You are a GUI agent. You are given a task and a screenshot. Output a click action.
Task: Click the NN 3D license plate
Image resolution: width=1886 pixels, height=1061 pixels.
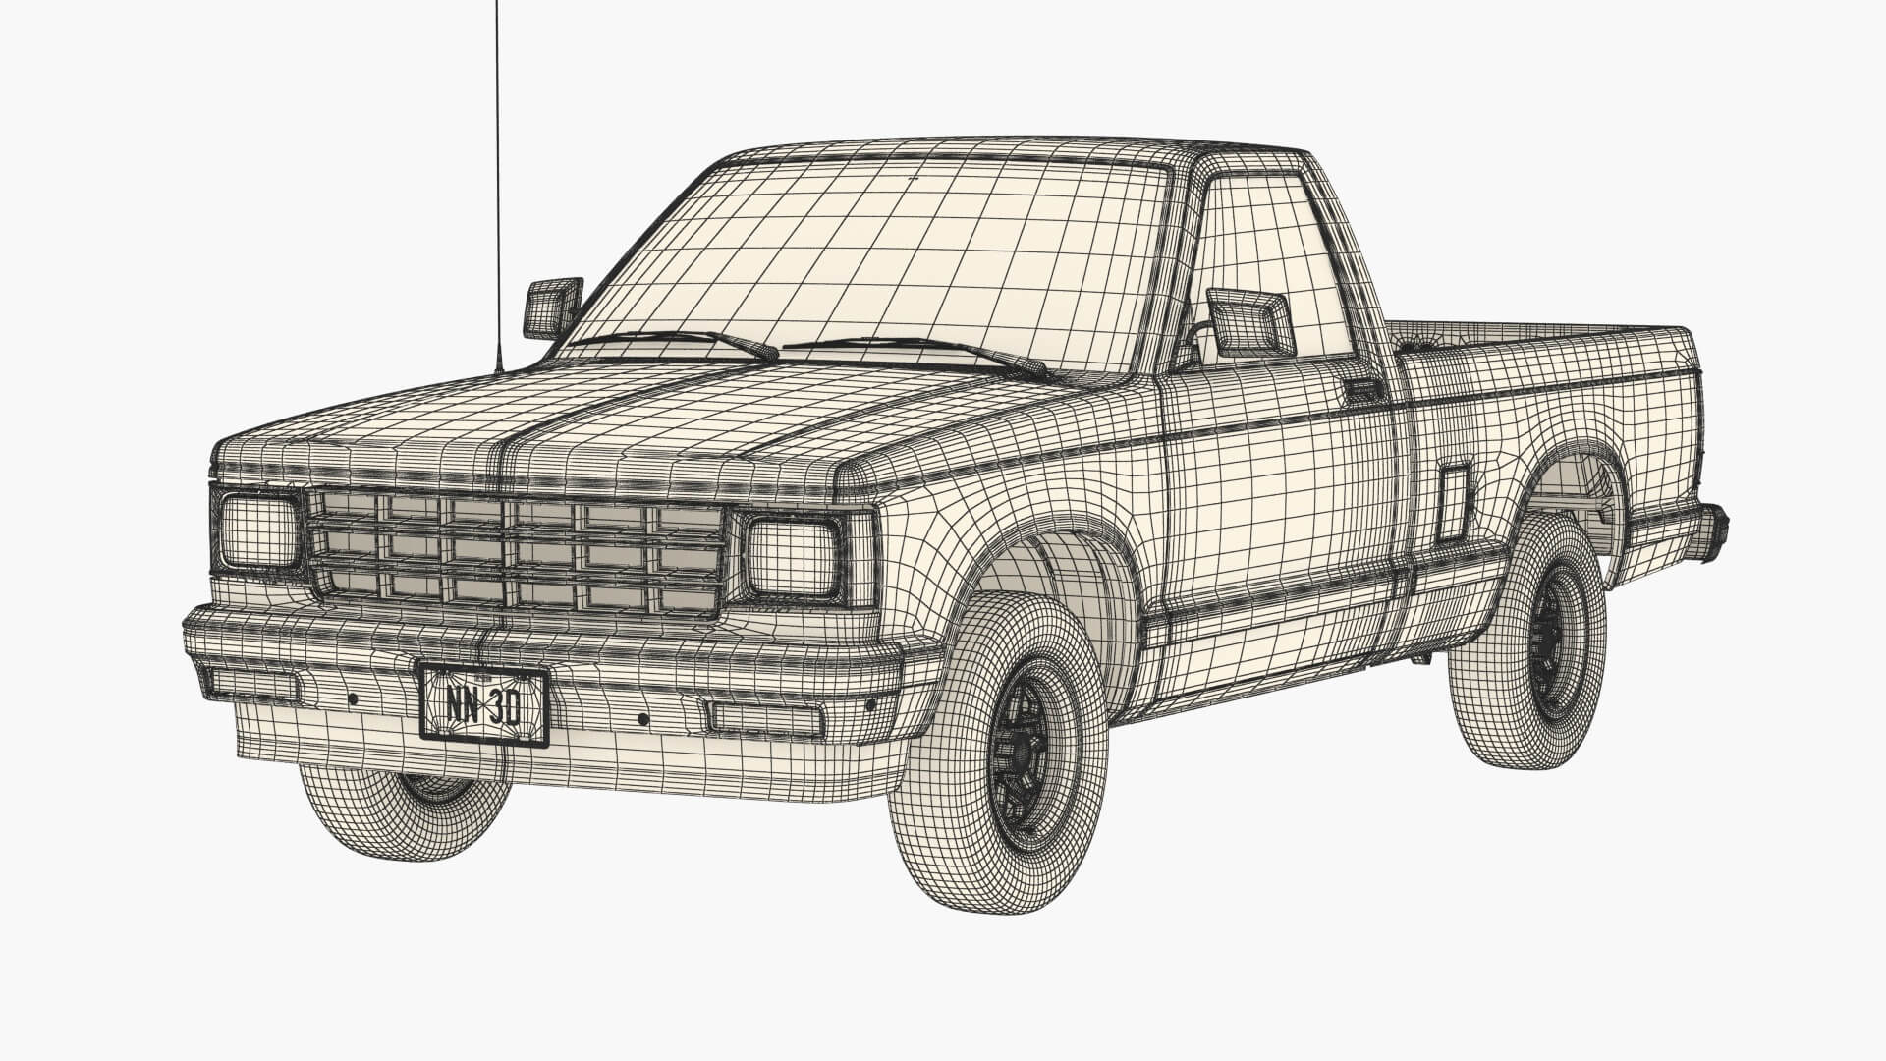pos(483,704)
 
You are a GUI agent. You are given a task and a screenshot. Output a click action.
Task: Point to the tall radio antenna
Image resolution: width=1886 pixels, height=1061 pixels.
pos(497,177)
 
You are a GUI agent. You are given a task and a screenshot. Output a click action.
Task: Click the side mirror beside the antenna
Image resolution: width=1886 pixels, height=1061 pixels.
pos(552,307)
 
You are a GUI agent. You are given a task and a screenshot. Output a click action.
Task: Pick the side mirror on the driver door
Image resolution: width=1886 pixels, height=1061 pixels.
pos(1249,321)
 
